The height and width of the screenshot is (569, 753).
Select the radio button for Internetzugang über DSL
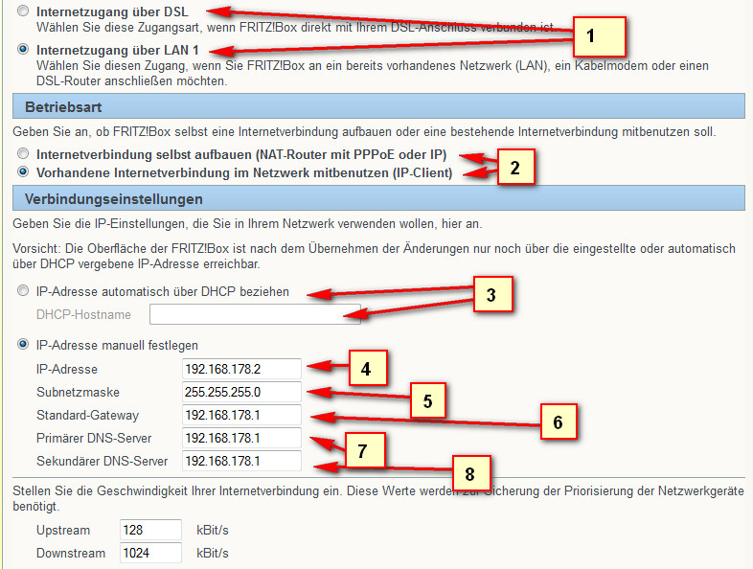23,11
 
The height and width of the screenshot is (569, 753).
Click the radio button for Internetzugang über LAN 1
23,49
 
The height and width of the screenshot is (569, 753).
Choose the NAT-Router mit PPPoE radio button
23,153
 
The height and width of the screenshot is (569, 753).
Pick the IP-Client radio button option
23,171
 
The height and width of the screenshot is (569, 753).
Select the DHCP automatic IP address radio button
23,290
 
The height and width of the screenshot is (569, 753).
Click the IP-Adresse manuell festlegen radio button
23,344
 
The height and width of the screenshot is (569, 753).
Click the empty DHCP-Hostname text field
255,314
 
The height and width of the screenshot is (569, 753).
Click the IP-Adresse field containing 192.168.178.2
241,369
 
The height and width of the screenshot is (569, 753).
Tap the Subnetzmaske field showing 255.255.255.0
241,392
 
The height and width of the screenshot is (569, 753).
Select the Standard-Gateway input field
241,415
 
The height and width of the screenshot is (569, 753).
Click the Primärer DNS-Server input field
241,438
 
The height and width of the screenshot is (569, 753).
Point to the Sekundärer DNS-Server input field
241,461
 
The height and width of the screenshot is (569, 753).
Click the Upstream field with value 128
150,530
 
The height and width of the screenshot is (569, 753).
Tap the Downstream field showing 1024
150,553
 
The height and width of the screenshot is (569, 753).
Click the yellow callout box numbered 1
600,36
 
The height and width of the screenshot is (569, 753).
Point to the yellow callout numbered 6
559,421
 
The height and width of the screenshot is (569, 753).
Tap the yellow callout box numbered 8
471,473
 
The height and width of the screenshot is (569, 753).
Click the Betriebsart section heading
63,106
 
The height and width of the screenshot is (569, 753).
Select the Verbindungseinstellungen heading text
114,199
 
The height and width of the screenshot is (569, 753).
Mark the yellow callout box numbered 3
493,294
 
